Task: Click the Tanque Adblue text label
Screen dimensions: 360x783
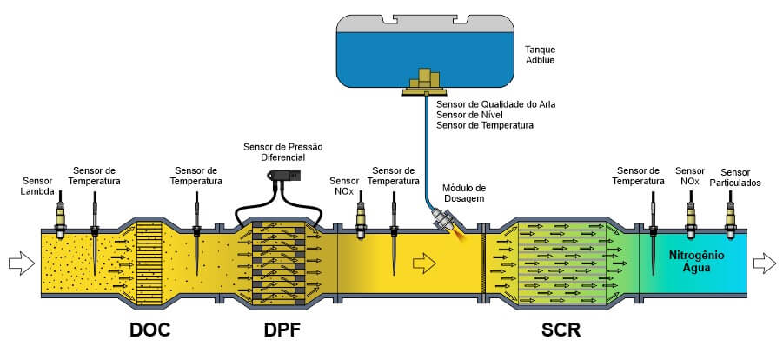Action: point(541,56)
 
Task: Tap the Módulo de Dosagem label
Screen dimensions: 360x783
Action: point(464,193)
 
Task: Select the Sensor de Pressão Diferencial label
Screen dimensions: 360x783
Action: point(282,153)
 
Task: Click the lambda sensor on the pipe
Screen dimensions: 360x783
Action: point(60,217)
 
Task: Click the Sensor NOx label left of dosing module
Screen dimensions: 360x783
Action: point(342,185)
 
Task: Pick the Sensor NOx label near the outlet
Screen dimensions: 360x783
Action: point(690,177)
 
